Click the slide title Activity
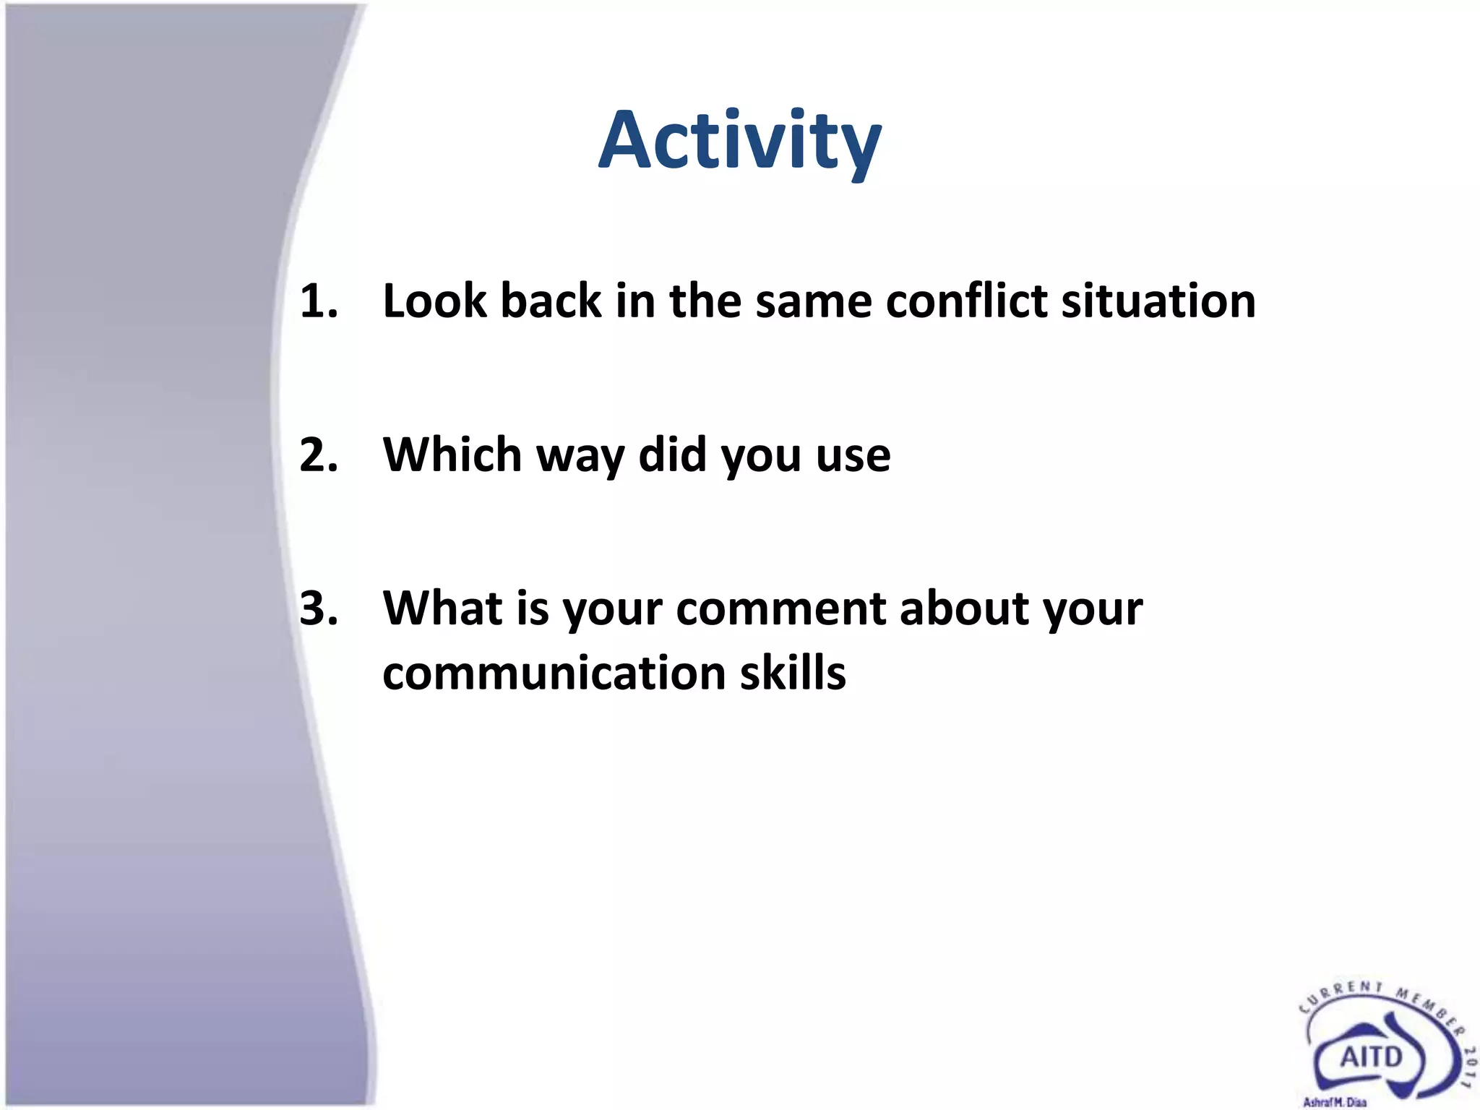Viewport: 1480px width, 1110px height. tap(740, 141)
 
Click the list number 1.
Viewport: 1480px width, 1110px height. tap(318, 301)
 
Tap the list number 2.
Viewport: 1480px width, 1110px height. tap(318, 455)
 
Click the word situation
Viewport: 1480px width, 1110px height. tap(1158, 301)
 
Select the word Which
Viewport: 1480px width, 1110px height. tap(452, 455)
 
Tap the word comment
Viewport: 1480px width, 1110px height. tap(781, 609)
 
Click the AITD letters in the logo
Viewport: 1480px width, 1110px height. tap(1371, 1057)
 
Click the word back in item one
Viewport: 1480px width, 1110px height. tap(551, 301)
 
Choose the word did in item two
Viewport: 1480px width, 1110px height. tap(672, 455)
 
